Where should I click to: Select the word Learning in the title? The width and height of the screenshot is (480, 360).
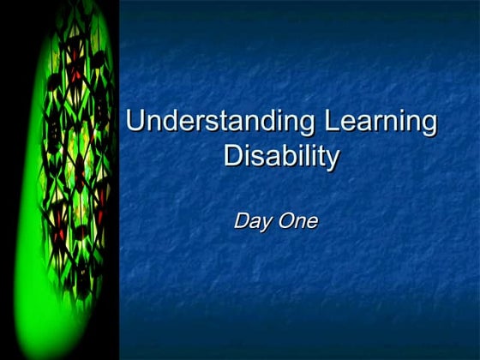[381, 123]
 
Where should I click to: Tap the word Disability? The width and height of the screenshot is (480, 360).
[281, 157]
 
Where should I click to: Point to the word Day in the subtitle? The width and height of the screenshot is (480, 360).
[251, 221]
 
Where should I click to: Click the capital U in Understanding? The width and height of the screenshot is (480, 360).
[135, 121]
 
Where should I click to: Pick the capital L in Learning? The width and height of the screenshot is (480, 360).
[332, 121]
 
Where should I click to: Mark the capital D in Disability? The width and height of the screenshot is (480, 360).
[231, 156]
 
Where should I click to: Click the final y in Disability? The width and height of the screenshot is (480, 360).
[333, 160]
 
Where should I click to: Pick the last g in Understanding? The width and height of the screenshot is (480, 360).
[309, 125]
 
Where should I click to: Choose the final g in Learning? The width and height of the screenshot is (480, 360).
[429, 125]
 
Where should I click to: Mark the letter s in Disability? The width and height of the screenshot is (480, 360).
[255, 158]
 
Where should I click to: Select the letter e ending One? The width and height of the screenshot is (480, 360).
[312, 222]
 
